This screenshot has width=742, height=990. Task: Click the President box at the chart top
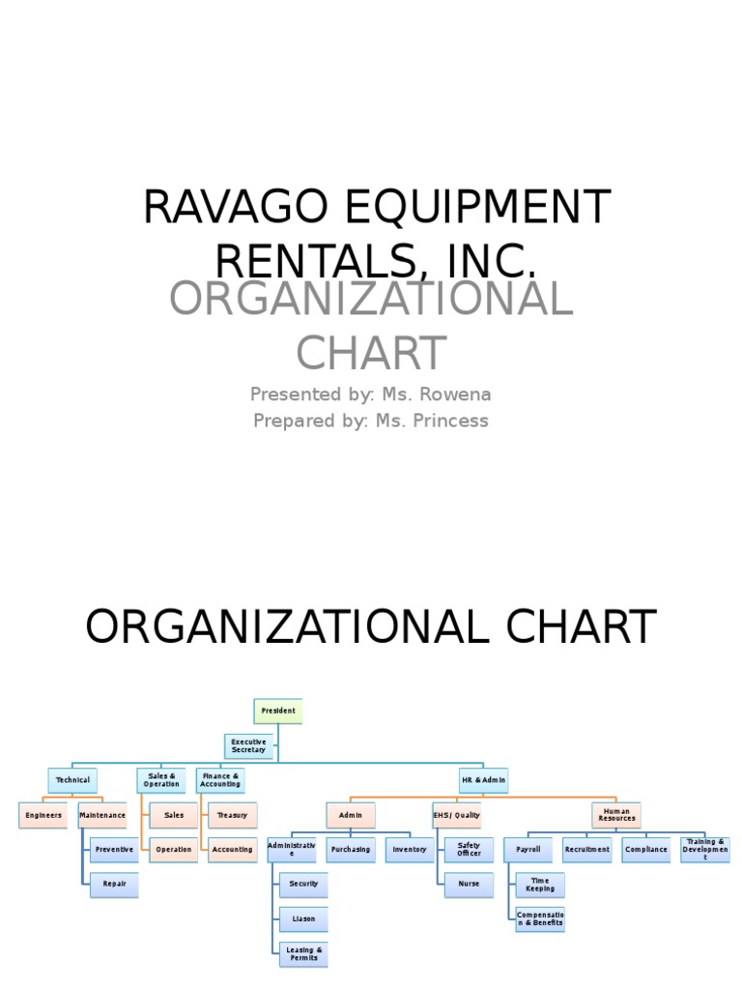tap(277, 711)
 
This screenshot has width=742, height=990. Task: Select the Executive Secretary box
tap(248, 746)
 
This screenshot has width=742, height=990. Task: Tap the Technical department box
tap(72, 780)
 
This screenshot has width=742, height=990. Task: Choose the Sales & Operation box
tap(161, 780)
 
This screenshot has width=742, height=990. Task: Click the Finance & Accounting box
tap(220, 780)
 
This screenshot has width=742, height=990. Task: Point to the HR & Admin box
tap(483, 780)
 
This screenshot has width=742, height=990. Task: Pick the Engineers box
tap(43, 815)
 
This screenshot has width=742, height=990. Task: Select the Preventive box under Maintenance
tap(114, 850)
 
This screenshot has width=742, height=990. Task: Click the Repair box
tap(114, 884)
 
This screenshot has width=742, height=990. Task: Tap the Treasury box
tap(233, 815)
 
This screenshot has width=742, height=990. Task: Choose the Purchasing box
tap(350, 850)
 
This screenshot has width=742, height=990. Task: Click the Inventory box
tap(410, 850)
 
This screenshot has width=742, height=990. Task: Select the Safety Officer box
tap(469, 850)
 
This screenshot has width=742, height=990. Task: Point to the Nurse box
tap(469, 884)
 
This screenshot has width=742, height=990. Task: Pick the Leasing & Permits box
tap(304, 954)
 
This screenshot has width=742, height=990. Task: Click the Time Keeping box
tap(540, 884)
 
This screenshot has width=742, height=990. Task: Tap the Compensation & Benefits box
tap(540, 918)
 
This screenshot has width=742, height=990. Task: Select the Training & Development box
tap(704, 850)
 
